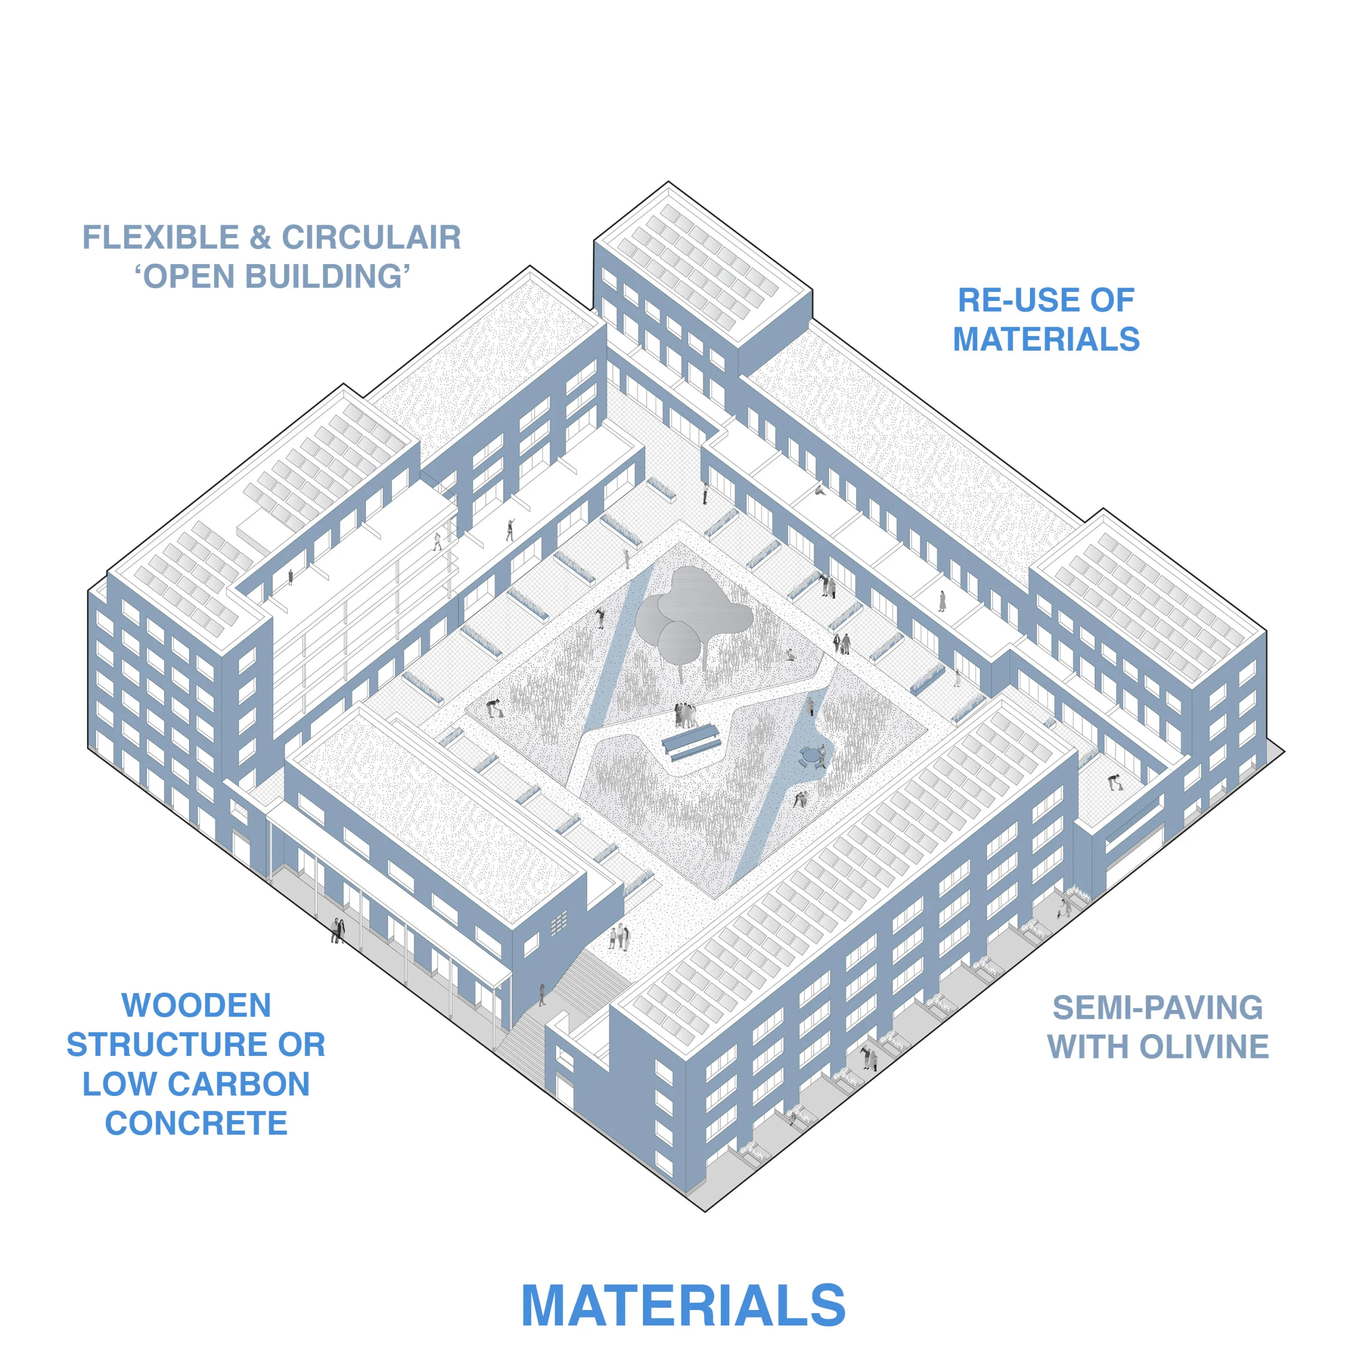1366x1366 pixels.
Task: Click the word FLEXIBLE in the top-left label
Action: pos(161,237)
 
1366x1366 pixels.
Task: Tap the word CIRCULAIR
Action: pos(371,237)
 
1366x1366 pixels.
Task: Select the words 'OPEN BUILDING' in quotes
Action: pos(272,276)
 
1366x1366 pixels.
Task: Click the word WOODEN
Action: pos(196,1005)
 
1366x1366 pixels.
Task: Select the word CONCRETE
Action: pos(196,1123)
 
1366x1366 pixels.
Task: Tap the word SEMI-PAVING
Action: pos(1157,1007)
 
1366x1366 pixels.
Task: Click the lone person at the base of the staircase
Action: pos(542,994)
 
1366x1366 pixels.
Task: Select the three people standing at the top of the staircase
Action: pos(620,937)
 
